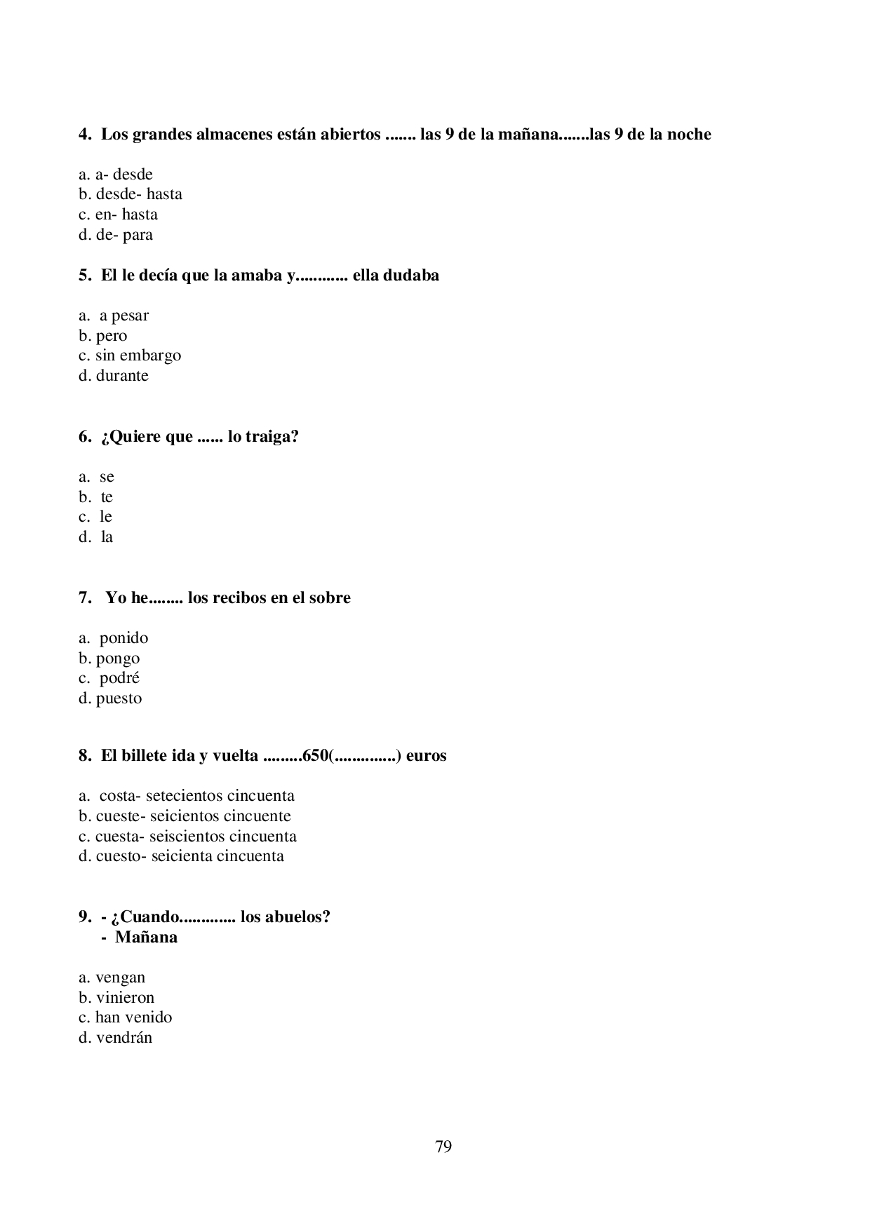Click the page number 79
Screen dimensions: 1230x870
click(x=443, y=1147)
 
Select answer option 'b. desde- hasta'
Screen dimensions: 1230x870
click(x=130, y=194)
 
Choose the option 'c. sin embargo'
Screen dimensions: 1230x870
click(x=130, y=356)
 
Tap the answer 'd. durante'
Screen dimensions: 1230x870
click(x=114, y=376)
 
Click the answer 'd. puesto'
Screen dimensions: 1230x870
click(x=110, y=698)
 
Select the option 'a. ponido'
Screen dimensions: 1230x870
click(x=114, y=638)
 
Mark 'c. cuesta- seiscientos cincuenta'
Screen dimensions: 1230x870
click(x=187, y=837)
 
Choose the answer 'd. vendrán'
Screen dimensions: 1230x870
click(x=115, y=1038)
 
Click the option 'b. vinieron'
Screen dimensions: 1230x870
click(x=116, y=998)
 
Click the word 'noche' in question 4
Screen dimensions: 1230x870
click(x=688, y=135)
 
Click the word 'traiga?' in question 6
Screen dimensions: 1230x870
click(x=272, y=437)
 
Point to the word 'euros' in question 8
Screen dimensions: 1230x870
click(x=426, y=756)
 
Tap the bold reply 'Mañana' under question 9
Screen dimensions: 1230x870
click(x=146, y=938)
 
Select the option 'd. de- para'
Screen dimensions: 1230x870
click(x=116, y=235)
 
